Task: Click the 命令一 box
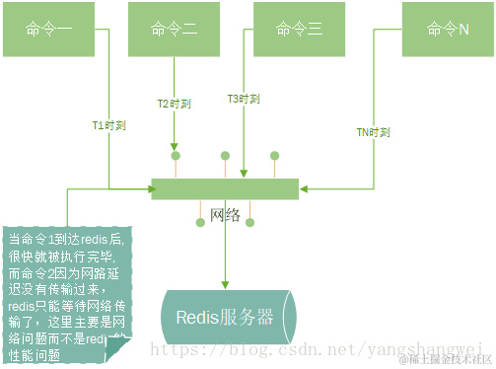point(51,29)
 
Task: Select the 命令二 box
point(175,29)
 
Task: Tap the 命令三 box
point(300,29)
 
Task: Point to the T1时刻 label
point(109,125)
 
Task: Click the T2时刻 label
point(175,103)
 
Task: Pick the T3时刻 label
point(244,99)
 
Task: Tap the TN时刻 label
point(374,131)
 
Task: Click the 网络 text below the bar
point(226,216)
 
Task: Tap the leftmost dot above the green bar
point(176,156)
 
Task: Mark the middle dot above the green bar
point(225,156)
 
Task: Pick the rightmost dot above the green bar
point(274,156)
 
